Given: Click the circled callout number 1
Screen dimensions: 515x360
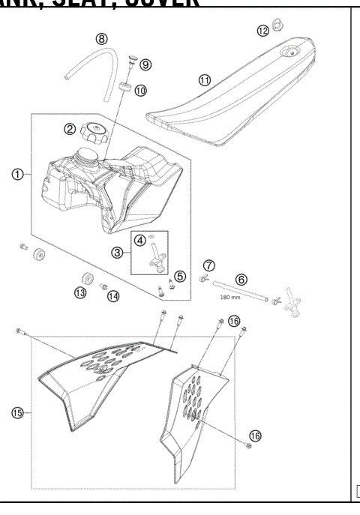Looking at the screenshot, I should (x=16, y=175).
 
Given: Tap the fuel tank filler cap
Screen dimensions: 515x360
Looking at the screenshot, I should (x=95, y=134).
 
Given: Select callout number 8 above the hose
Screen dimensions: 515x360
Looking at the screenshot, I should (x=101, y=38).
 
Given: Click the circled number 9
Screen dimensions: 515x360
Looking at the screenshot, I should (x=145, y=64).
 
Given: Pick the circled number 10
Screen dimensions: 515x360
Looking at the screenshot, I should (x=140, y=90).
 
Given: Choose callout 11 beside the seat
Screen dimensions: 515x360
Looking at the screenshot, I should (x=204, y=79).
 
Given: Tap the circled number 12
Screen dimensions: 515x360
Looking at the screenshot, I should (x=262, y=30).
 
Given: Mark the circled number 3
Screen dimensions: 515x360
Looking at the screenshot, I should (x=118, y=253).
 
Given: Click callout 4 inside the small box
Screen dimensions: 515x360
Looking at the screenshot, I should (x=140, y=240).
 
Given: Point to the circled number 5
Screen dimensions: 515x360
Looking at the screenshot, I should (x=180, y=277).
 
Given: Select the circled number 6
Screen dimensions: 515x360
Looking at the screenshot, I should (x=241, y=278).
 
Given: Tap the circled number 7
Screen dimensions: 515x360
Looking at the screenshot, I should (x=209, y=265).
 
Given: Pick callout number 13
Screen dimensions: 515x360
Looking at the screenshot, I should (x=80, y=292).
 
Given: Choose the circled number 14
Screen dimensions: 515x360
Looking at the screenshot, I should (x=113, y=296).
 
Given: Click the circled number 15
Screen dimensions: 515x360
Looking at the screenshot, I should (x=16, y=412).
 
